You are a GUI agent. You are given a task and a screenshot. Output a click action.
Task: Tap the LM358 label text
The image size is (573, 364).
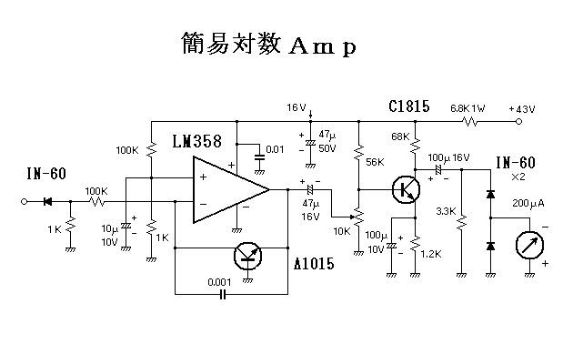pyautogui.click(x=198, y=143)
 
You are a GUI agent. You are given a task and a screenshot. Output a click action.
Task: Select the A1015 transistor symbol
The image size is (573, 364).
pyautogui.click(x=247, y=256)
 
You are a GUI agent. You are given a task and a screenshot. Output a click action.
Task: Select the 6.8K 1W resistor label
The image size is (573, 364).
pyautogui.click(x=467, y=108)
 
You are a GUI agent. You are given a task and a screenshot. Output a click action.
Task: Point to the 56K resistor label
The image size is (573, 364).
pyautogui.click(x=376, y=162)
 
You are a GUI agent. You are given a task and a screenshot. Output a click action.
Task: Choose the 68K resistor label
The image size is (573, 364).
pyautogui.click(x=399, y=137)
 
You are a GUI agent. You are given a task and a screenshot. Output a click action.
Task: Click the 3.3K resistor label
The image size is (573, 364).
pyautogui.click(x=446, y=211)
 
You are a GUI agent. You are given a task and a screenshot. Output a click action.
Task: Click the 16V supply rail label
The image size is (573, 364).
pyautogui.click(x=297, y=106)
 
